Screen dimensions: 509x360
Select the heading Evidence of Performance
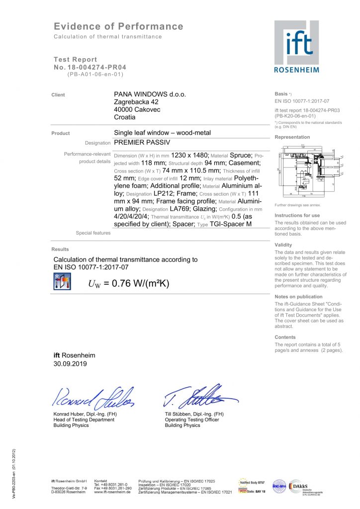[x=118, y=27]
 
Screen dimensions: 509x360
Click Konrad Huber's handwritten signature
[x=92, y=397]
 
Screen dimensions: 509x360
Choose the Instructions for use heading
[x=297, y=215]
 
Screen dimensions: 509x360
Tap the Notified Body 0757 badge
[x=253, y=482]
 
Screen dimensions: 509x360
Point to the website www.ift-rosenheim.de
[x=112, y=492]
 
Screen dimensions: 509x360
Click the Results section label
[x=60, y=249]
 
